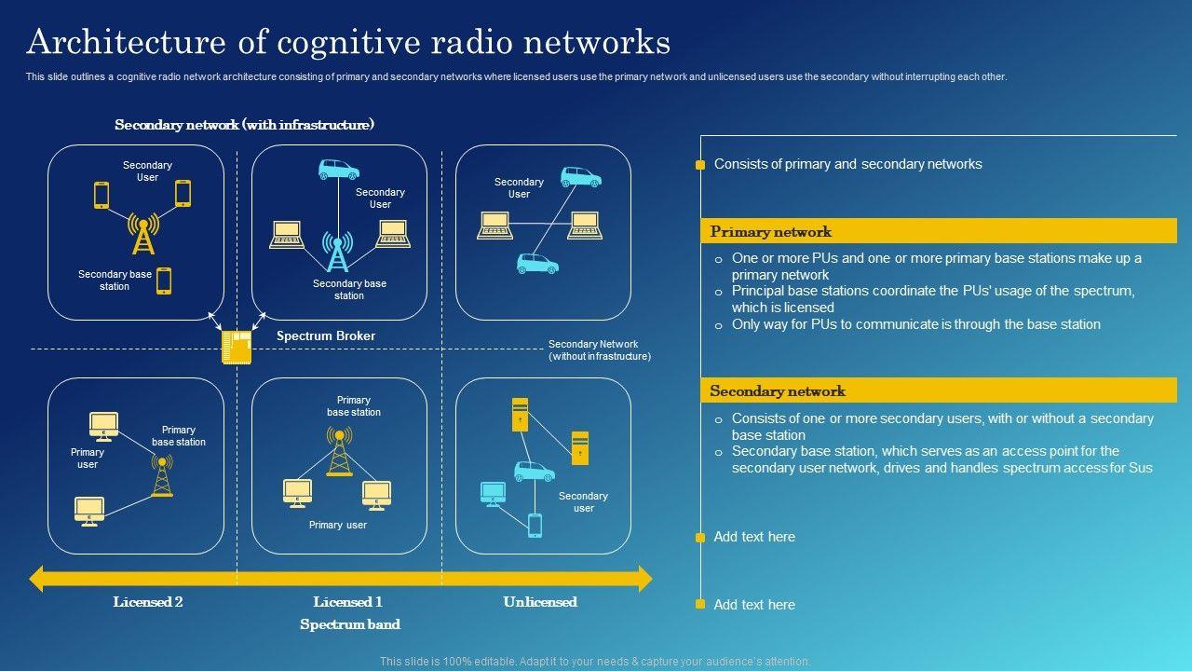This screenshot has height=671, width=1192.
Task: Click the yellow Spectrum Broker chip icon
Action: [x=237, y=347]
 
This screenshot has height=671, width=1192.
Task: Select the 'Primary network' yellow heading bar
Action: [x=938, y=231]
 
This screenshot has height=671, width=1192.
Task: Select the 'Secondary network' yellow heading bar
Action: [x=938, y=390]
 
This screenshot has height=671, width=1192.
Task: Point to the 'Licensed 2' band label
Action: [x=148, y=602]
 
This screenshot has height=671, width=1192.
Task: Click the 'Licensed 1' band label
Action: [x=347, y=602]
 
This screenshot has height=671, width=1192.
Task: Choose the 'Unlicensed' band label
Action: [x=540, y=602]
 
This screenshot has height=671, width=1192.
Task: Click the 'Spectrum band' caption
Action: [x=350, y=624]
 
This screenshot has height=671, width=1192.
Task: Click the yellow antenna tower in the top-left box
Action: [x=143, y=234]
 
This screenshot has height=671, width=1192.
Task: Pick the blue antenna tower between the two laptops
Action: [x=336, y=251]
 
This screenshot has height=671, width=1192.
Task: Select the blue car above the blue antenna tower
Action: [x=338, y=170]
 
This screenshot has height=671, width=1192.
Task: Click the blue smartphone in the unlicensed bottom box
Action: [x=535, y=525]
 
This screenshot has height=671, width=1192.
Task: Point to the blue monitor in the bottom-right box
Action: [x=493, y=492]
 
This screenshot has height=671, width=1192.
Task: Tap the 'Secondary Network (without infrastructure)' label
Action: [x=599, y=350]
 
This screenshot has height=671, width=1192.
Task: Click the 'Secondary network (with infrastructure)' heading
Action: [x=244, y=125]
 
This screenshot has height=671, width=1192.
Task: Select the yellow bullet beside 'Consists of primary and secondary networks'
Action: [x=700, y=165]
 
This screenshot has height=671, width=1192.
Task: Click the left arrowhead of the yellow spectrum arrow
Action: [x=37, y=579]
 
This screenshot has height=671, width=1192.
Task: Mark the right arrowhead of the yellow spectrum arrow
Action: [x=643, y=579]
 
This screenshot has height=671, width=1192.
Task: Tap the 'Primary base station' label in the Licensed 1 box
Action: [x=353, y=406]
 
